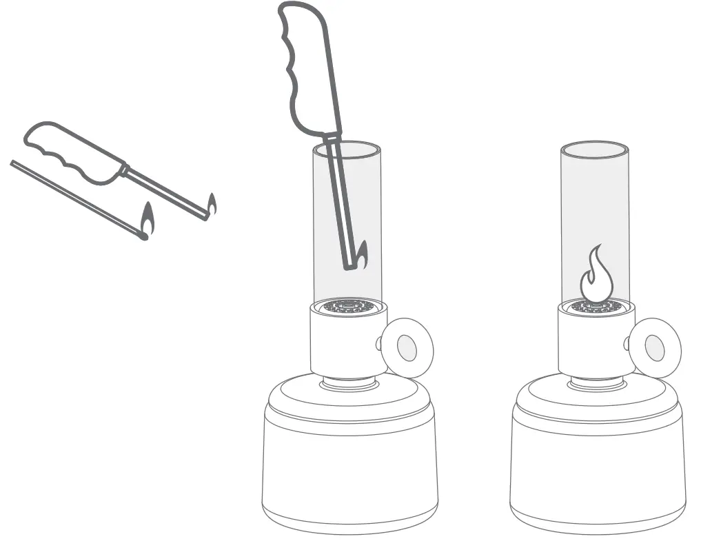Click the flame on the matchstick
147,221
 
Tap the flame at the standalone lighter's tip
212,205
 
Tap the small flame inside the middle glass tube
361,255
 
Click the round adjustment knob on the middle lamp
407,349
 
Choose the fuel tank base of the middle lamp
349,469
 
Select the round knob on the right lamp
655,349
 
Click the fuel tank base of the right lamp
598,469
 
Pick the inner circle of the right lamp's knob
656,349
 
